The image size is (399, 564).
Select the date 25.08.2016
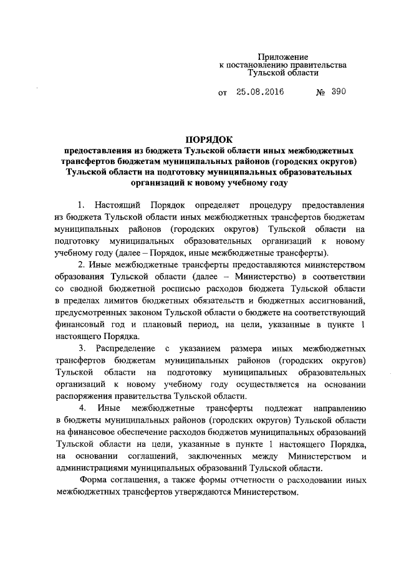click(x=260, y=92)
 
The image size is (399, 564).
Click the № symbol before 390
click(x=322, y=92)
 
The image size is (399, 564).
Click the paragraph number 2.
click(x=80, y=264)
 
